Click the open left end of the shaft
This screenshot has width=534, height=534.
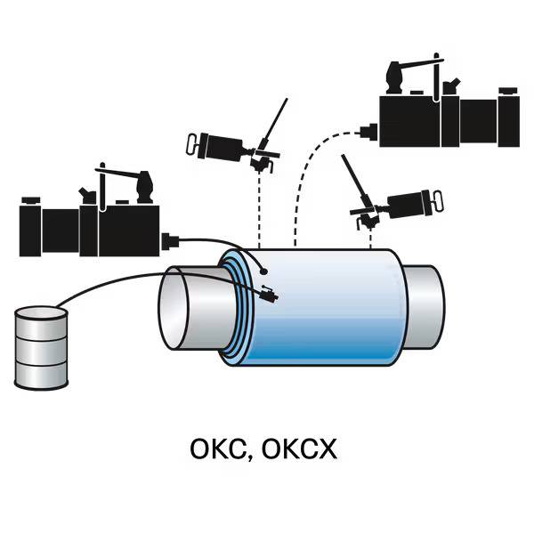coord(183,312)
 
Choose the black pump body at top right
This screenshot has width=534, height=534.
coord(445,115)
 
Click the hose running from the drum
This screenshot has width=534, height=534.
coord(133,284)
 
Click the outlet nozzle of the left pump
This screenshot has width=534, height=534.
coord(171,239)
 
